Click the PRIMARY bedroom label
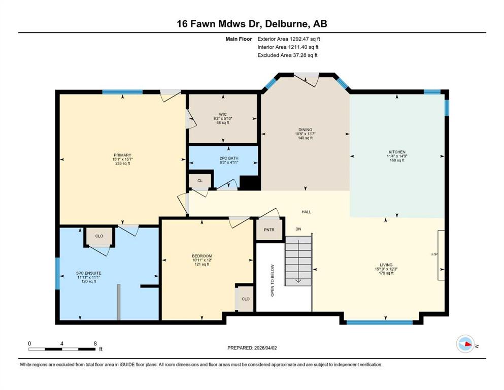[122, 155]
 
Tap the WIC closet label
[223, 114]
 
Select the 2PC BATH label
[229, 158]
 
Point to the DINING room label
[305, 130]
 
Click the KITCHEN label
[397, 152]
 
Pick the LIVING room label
[386, 265]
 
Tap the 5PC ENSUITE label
[89, 273]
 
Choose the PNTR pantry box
[270, 230]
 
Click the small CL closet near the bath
[200, 181]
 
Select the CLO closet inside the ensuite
[99, 236]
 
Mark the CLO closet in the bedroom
[245, 299]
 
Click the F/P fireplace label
[434, 254]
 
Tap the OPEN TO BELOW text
[273, 280]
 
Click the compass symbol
[465, 344]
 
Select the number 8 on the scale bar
[95, 344]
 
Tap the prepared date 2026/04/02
[265, 348]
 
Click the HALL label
[307, 212]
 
